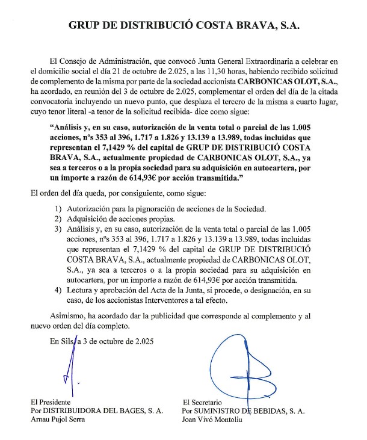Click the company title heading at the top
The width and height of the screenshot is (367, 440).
[x=183, y=26]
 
